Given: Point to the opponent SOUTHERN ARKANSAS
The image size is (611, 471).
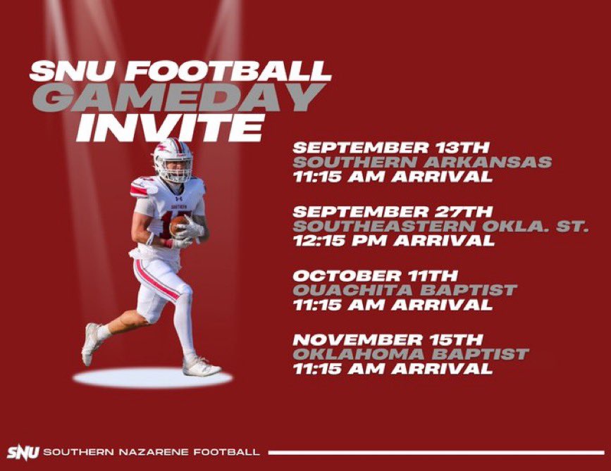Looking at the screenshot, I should pos(421,163).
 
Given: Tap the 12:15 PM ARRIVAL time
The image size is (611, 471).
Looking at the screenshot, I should pos(393,241).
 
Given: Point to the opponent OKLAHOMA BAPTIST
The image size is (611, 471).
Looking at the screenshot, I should pos(410,353).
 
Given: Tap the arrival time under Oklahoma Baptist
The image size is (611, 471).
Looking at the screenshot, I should pos(393,368).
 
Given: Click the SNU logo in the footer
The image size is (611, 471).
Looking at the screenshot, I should pos(23,451).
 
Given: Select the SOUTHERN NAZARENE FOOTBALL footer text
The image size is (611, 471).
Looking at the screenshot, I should pos(151,452).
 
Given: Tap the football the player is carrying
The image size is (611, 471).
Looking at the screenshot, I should pos(179,225).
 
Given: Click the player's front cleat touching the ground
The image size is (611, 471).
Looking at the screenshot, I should pos(200,367).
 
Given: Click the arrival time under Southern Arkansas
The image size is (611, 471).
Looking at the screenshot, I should pos(393,177).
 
